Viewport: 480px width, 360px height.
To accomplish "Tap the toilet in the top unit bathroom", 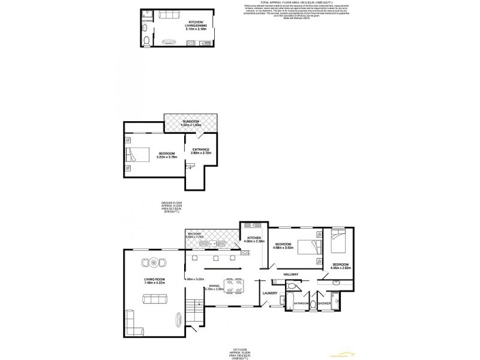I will pyautogui.click(x=146, y=41).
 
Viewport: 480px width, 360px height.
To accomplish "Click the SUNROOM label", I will pyautogui.click(x=191, y=123).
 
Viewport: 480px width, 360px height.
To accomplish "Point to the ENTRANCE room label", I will pyautogui.click(x=201, y=151).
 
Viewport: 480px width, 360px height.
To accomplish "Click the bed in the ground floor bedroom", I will pyautogui.click(x=136, y=156).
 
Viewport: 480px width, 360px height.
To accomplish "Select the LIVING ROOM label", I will pyautogui.click(x=155, y=281).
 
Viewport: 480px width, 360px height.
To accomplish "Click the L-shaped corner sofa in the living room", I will pyautogui.click(x=135, y=325).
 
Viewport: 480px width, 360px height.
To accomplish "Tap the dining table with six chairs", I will pyautogui.click(x=232, y=284).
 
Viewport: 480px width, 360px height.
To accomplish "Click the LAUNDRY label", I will pyautogui.click(x=270, y=293).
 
